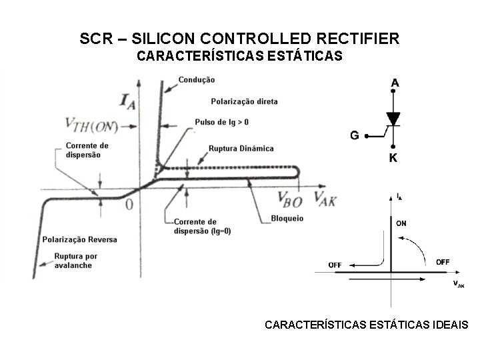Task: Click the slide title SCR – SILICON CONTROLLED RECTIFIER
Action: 239,39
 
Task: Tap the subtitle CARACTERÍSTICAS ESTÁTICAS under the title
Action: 239,57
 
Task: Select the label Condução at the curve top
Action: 197,80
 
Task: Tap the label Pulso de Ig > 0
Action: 223,122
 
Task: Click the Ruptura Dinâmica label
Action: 241,148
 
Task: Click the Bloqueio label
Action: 287,218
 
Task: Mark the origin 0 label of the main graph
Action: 129,203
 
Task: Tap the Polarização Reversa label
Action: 79,239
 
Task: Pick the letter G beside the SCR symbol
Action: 355,135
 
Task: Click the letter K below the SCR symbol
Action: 394,159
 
